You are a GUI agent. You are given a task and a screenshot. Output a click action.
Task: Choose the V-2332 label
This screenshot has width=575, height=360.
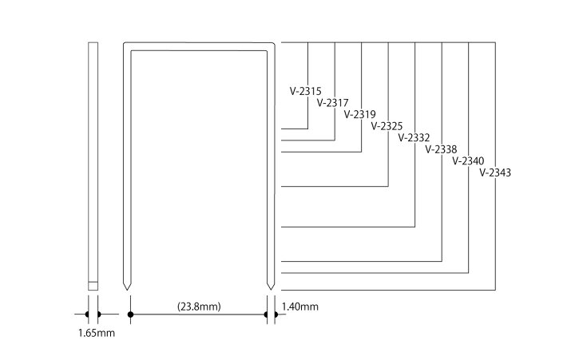pos(413,137)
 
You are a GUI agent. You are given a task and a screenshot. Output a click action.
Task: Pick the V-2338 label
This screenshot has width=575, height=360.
pos(440,149)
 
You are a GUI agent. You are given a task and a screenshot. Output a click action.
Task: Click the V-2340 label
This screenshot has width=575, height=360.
pos(467,160)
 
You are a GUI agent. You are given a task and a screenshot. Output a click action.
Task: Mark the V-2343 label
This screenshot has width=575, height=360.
pos(495,172)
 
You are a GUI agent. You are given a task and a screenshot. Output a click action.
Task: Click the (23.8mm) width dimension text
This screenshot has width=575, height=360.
pos(198,304)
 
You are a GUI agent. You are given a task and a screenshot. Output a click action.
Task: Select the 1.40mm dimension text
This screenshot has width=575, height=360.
pos(300,306)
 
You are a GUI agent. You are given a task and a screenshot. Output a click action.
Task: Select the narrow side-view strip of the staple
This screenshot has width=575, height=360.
pos(92,160)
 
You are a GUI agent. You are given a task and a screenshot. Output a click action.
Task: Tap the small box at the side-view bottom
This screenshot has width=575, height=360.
pos(92,284)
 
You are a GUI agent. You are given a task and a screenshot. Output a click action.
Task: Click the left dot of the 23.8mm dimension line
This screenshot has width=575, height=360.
pos(129,315)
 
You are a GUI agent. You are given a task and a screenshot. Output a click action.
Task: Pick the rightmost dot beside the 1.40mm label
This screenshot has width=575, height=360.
pos(276,315)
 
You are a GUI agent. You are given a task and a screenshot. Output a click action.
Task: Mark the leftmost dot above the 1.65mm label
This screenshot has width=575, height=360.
pos(86,315)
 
